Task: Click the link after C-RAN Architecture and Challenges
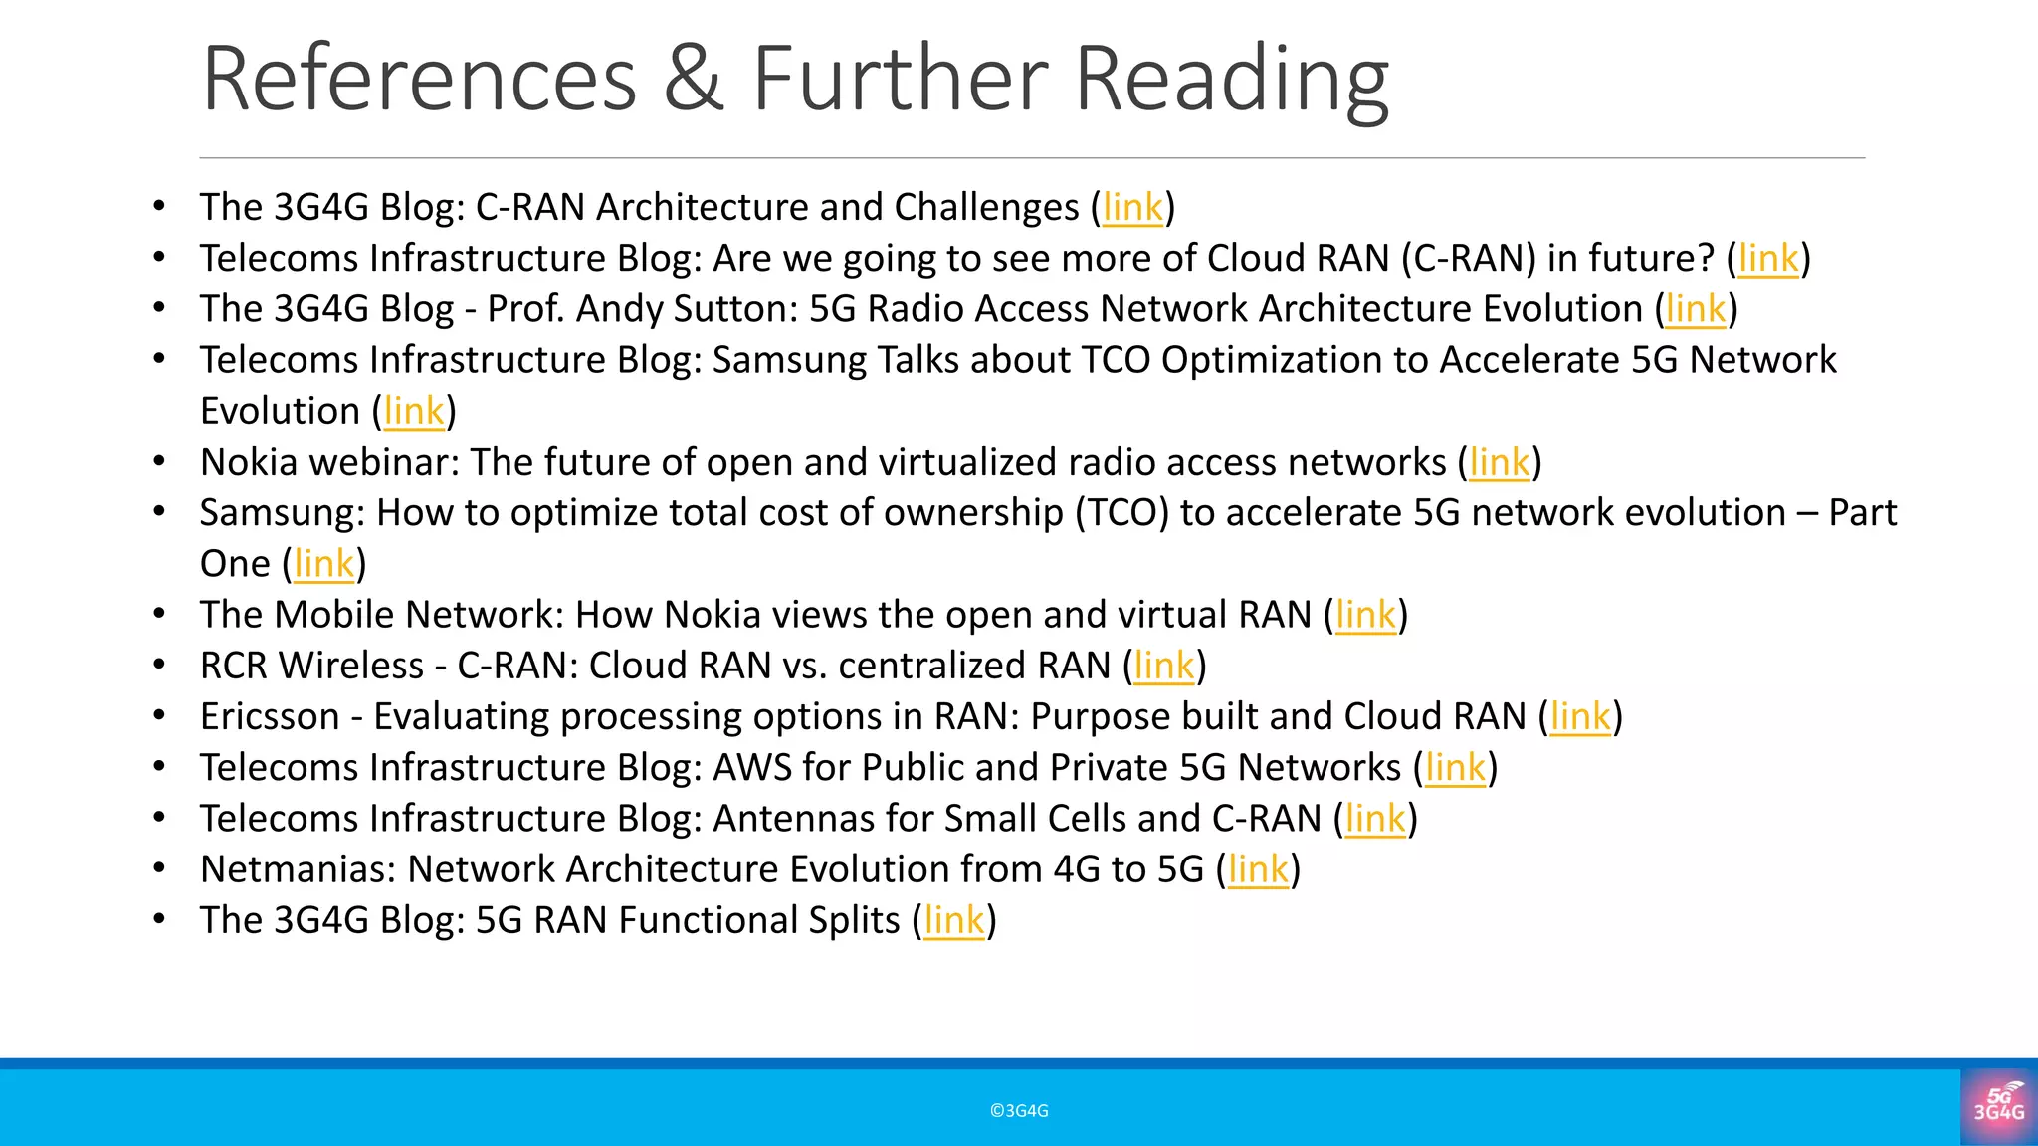click(1132, 208)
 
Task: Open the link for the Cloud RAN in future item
click(1768, 259)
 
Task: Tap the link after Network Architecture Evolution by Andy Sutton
click(1696, 309)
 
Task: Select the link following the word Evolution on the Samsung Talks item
click(414, 412)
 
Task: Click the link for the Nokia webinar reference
click(1500, 463)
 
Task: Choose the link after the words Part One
click(324, 564)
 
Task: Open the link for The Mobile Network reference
click(1365, 615)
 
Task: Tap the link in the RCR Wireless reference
click(1164, 667)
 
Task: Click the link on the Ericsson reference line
click(1580, 717)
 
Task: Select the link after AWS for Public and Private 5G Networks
click(1455, 768)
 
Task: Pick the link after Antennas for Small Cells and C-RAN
click(1375, 819)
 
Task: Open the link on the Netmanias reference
click(1258, 869)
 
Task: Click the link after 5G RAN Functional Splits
click(954, 921)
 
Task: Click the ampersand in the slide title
click(694, 80)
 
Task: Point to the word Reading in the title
click(1232, 80)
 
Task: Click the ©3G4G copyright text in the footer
click(1019, 1111)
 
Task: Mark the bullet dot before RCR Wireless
click(159, 665)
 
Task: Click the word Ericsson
click(270, 717)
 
